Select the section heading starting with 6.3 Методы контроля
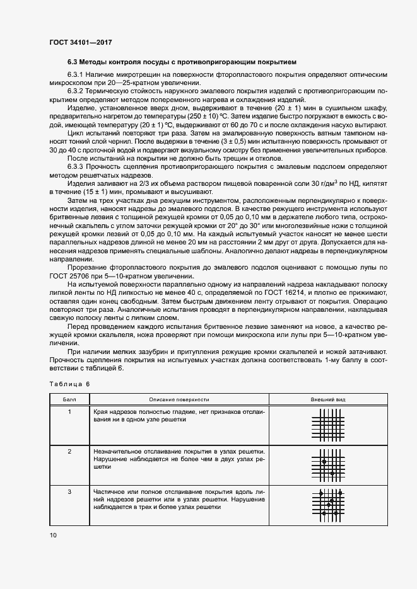182,62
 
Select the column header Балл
69,399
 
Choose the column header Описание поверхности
179,399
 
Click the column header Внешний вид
327,399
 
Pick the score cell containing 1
69,411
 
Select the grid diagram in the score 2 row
327,465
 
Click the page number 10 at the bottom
53,535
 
